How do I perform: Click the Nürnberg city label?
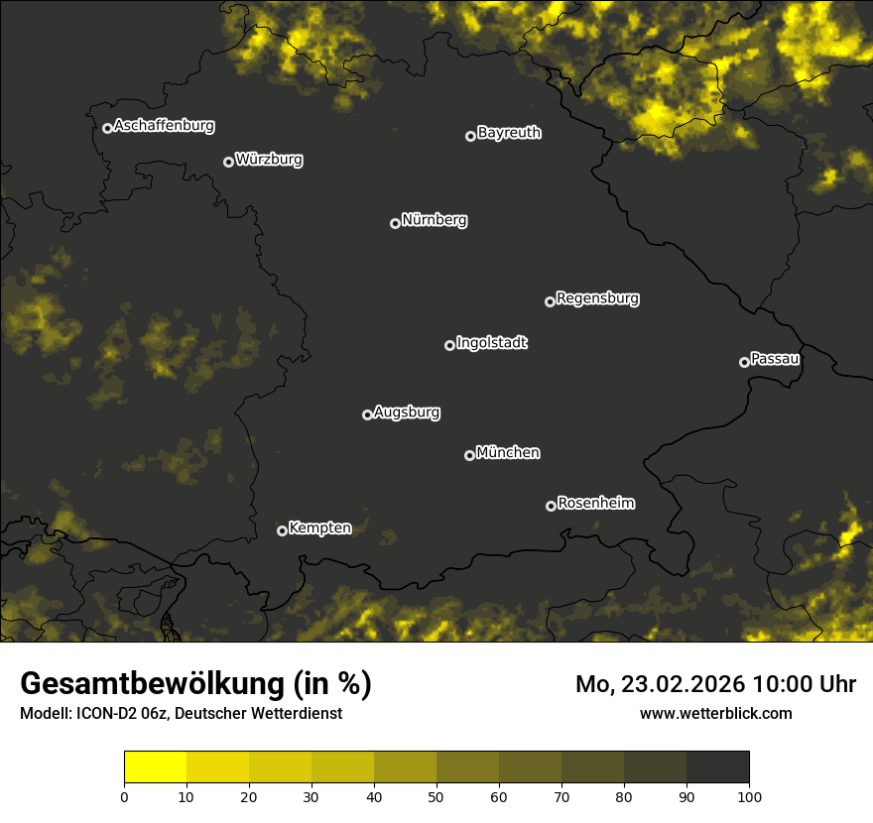pyautogui.click(x=435, y=220)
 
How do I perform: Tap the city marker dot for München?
pyautogui.click(x=469, y=455)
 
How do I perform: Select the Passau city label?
pyautogui.click(x=775, y=359)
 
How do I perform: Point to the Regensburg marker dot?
pyautogui.click(x=550, y=301)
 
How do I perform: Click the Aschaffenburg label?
pyautogui.click(x=164, y=126)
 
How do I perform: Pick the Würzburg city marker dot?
pyautogui.click(x=228, y=162)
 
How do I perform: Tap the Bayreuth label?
pyautogui.click(x=509, y=133)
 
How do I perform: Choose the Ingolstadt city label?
pyautogui.click(x=492, y=343)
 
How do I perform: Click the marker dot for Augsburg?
pyautogui.click(x=367, y=414)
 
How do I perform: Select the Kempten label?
pyautogui.click(x=319, y=529)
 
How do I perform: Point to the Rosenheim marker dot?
pyautogui.click(x=551, y=506)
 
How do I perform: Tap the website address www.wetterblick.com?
pyautogui.click(x=715, y=713)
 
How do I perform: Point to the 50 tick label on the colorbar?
pyautogui.click(x=436, y=795)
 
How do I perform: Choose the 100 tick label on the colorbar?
pyautogui.click(x=749, y=795)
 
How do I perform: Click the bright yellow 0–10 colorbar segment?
pyautogui.click(x=156, y=767)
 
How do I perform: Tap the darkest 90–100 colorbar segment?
pyautogui.click(x=717, y=767)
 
